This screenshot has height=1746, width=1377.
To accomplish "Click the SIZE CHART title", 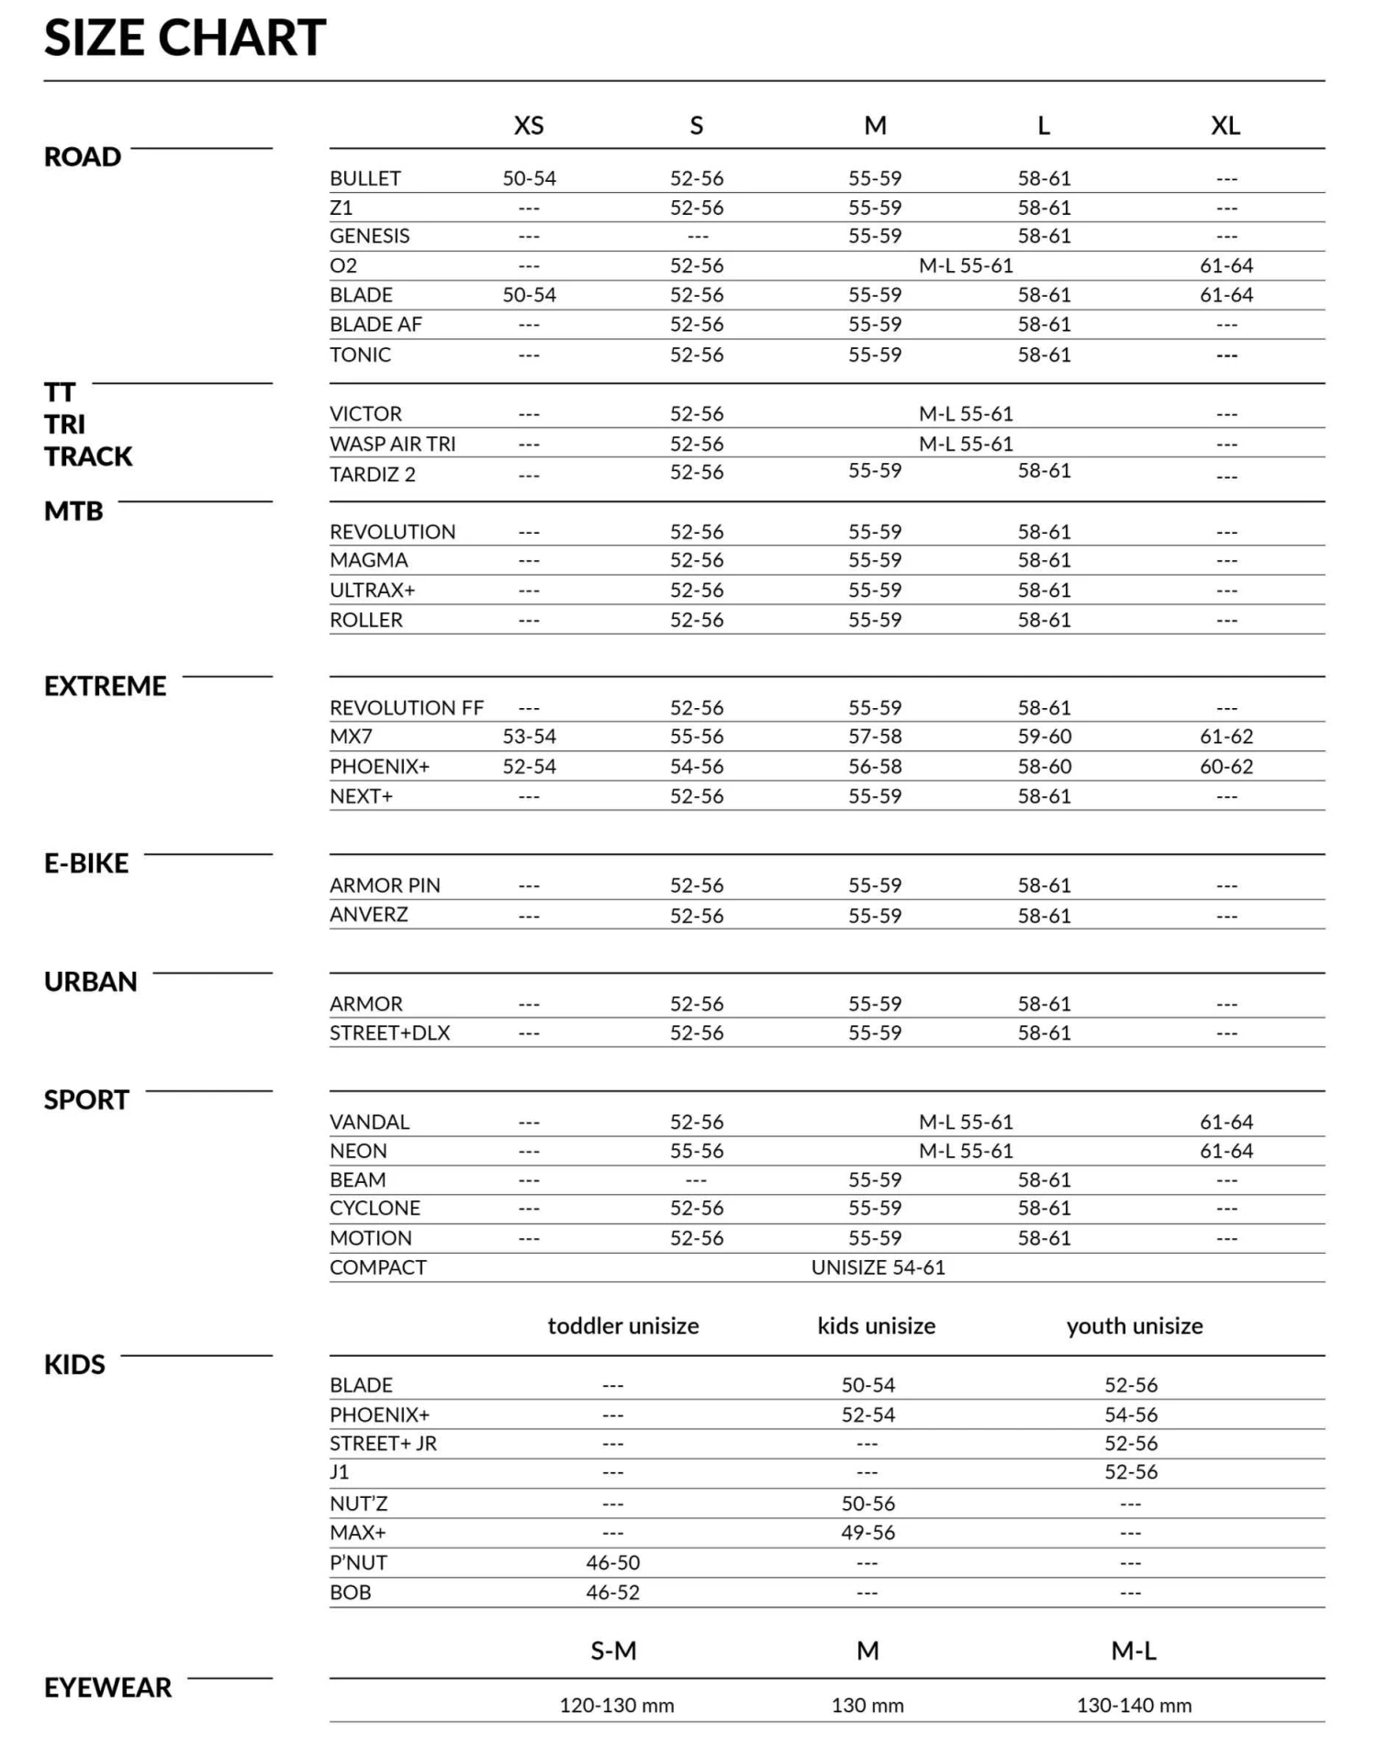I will [x=185, y=39].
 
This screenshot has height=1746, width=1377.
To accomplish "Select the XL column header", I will [x=1226, y=126].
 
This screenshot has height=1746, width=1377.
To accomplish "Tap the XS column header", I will [x=529, y=126].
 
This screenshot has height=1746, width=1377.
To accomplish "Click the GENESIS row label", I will [x=370, y=236].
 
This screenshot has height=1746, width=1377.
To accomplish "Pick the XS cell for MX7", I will [x=529, y=737].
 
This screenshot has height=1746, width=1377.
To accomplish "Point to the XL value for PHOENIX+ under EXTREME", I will [x=1226, y=766].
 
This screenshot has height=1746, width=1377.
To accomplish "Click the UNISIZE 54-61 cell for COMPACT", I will [x=878, y=1267].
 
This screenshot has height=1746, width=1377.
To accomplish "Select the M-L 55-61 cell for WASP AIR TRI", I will [x=966, y=444].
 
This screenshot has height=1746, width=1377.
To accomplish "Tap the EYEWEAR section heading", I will [x=108, y=1687].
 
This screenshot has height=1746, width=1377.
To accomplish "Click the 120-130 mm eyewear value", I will [x=617, y=1706].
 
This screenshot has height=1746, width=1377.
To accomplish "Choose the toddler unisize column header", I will [x=623, y=1325].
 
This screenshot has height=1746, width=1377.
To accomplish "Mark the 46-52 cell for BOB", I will [x=612, y=1592].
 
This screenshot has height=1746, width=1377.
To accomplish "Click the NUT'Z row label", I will [x=359, y=1504].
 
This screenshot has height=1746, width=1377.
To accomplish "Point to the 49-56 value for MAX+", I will [x=868, y=1532].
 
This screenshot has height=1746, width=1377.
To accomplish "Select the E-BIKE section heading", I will [x=86, y=863].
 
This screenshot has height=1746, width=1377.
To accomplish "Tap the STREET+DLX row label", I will [x=390, y=1032].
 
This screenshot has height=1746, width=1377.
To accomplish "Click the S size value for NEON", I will [x=697, y=1151].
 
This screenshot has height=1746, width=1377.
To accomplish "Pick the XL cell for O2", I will [x=1226, y=265].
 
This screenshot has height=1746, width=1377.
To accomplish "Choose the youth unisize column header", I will [x=1135, y=1325].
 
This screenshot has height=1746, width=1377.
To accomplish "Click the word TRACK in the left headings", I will [x=88, y=456].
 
